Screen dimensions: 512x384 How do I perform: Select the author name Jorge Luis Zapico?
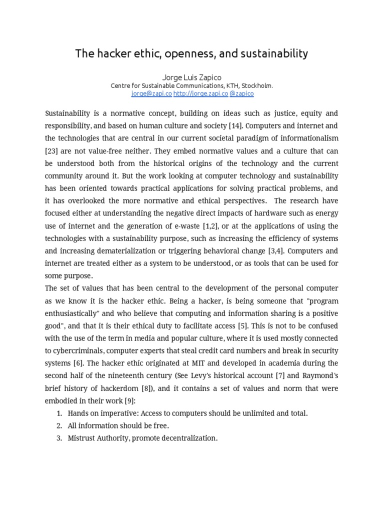[x=191, y=77]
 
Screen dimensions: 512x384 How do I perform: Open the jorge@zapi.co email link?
[x=151, y=93]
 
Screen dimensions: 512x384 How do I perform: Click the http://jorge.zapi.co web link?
[x=200, y=93]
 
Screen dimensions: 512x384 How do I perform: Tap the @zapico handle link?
[x=242, y=93]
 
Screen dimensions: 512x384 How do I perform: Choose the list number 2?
[x=59, y=425]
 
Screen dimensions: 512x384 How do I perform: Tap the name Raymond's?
[x=319, y=375]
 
